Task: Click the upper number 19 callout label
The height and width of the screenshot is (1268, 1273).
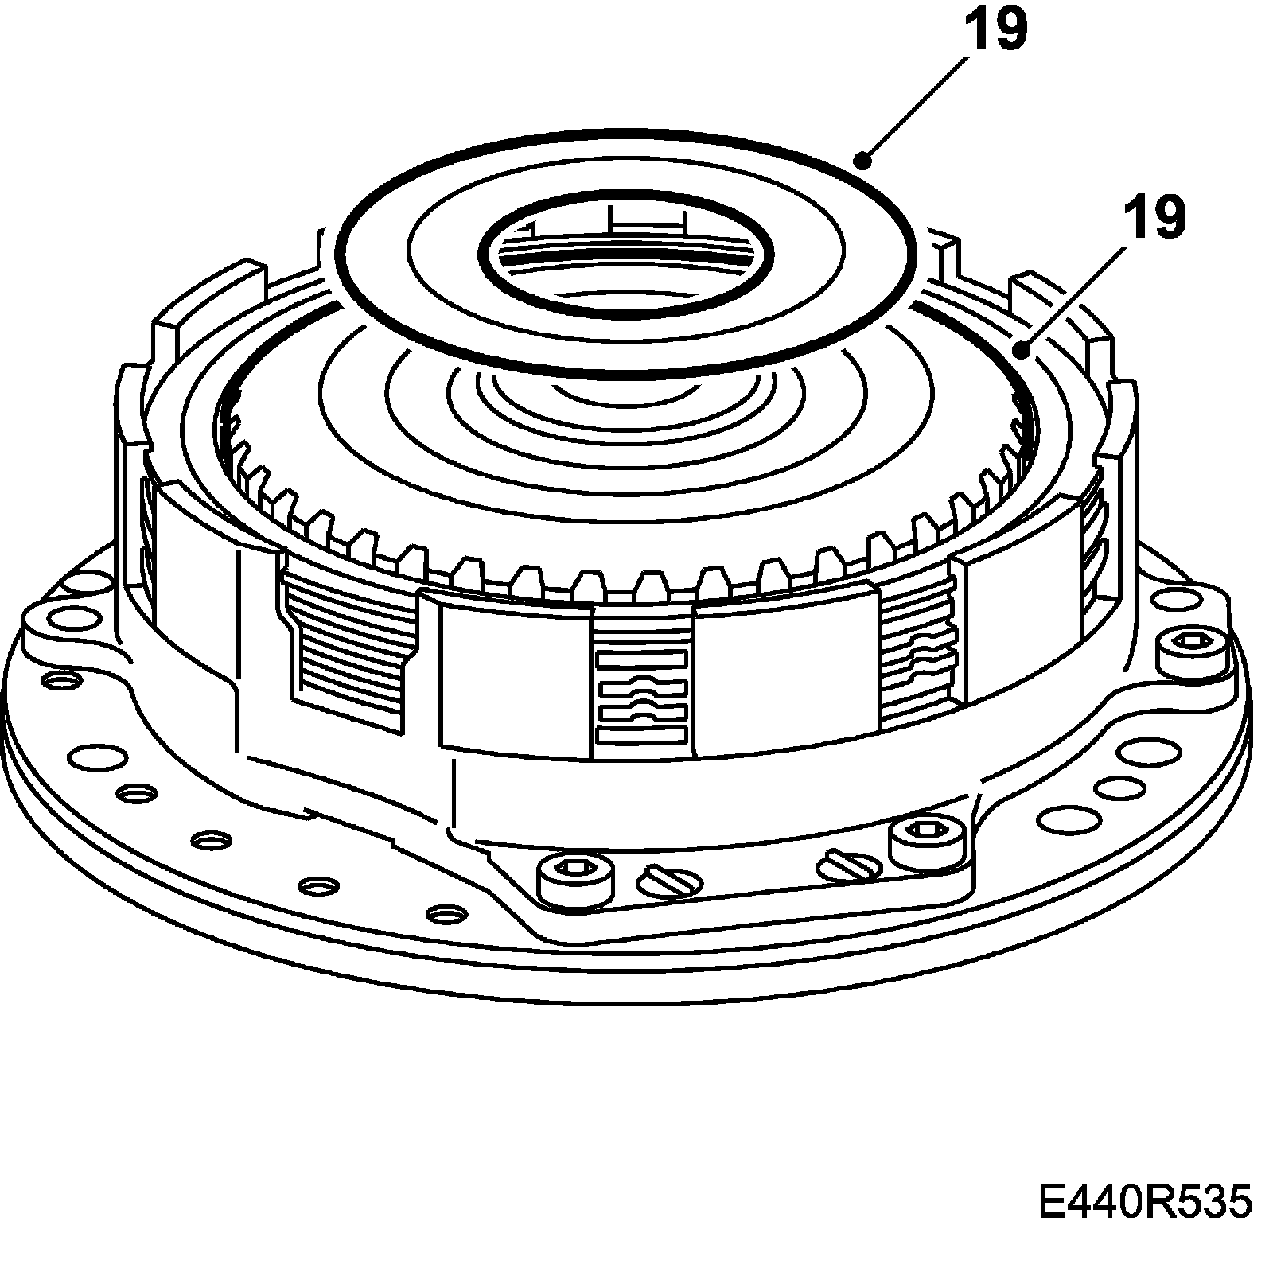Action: (996, 29)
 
